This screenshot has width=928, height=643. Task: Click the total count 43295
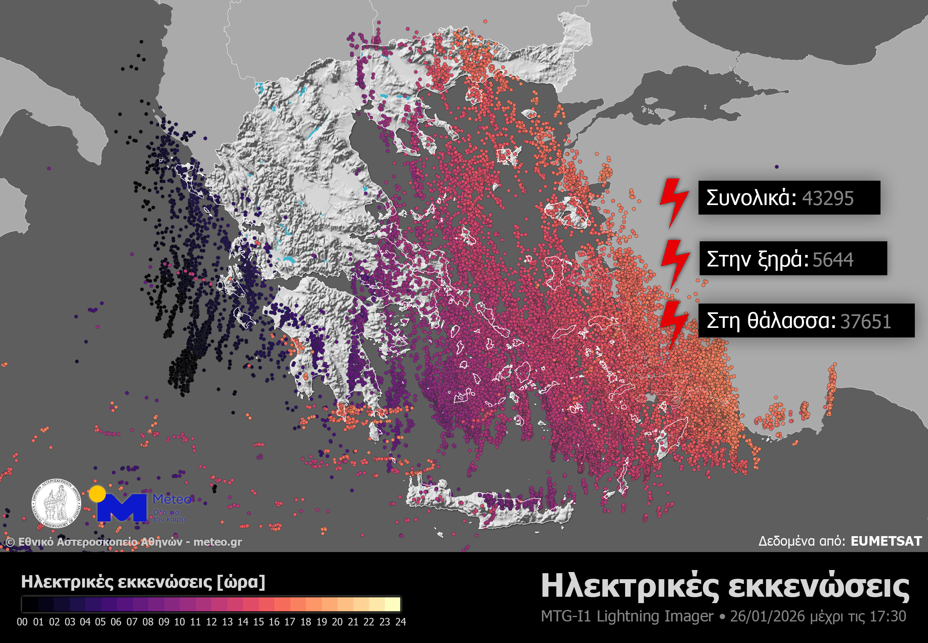click(x=828, y=198)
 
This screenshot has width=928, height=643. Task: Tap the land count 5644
click(x=833, y=260)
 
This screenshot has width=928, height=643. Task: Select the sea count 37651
click(x=865, y=321)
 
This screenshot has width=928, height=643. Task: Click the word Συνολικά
click(x=751, y=198)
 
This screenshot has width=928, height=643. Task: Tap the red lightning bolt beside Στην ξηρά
click(x=675, y=263)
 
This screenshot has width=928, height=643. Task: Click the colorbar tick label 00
click(x=22, y=621)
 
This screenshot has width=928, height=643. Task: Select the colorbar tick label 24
click(x=400, y=621)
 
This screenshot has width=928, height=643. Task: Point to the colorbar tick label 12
click(x=211, y=621)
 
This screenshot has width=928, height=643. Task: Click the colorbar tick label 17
click(x=290, y=621)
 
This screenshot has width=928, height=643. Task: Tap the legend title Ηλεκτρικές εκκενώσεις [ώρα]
click(x=143, y=582)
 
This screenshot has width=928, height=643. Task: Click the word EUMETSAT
click(x=886, y=541)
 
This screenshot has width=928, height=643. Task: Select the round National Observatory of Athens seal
click(x=56, y=504)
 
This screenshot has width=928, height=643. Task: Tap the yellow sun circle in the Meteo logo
click(x=97, y=493)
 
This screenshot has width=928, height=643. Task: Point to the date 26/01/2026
click(x=767, y=616)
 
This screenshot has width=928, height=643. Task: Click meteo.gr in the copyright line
click(x=217, y=542)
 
